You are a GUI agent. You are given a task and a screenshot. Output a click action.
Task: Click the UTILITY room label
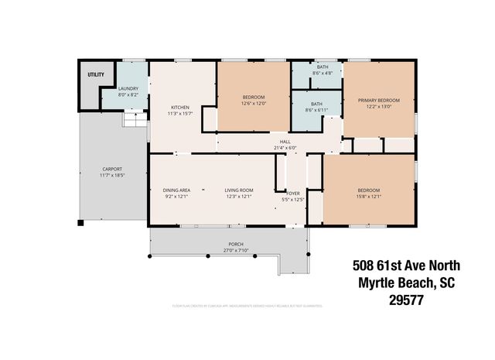(95, 74)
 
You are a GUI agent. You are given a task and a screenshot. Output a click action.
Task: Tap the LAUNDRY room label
(128, 89)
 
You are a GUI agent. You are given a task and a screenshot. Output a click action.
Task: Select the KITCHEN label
(180, 108)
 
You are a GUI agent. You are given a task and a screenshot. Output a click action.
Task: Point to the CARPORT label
(112, 170)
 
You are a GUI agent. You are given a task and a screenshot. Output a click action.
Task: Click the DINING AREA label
(176, 190)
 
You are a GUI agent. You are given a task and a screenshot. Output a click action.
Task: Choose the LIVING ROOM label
(239, 190)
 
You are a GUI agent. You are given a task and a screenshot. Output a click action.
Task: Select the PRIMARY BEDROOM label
(378, 101)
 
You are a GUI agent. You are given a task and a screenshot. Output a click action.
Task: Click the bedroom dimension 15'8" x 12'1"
(368, 197)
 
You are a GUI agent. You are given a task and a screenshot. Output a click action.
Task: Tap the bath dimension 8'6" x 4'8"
(316, 74)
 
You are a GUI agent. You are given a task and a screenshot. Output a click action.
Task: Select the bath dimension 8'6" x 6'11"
(316, 110)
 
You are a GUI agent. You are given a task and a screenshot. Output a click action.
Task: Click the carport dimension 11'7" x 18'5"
(112, 176)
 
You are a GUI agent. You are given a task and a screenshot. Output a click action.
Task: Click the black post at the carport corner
(80, 224)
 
